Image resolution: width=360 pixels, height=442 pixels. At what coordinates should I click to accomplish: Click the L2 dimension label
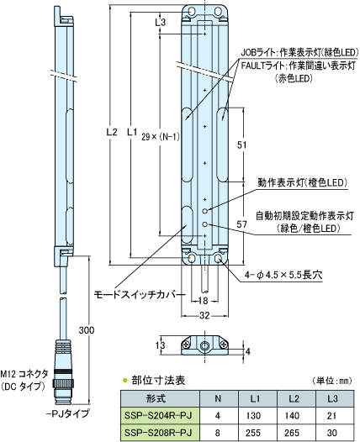[x=112, y=132]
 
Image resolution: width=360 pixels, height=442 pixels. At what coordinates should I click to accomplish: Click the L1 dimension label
[x=132, y=132]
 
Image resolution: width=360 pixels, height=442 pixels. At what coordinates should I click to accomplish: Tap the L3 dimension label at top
[x=161, y=23]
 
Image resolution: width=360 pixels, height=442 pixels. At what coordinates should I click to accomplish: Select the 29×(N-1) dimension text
[x=161, y=137]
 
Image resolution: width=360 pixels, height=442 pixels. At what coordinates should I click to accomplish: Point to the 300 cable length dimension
[x=87, y=330]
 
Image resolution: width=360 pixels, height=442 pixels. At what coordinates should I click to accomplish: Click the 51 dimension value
[x=241, y=145]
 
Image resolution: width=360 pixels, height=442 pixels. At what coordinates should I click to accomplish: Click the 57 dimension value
[x=241, y=224]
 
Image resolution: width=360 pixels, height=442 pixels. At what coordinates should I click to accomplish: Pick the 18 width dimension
[x=204, y=301]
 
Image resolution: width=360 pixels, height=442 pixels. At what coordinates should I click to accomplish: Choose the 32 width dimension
[x=204, y=316]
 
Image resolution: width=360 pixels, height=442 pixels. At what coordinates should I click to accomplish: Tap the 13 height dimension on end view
[x=160, y=345]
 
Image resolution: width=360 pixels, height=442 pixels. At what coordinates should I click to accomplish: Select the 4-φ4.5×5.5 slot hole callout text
[x=283, y=275]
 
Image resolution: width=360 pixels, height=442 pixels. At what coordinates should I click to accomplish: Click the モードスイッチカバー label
[x=140, y=295]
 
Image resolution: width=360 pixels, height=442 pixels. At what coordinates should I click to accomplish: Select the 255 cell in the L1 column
[x=253, y=433]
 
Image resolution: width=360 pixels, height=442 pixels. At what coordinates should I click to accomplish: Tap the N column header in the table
[x=218, y=398]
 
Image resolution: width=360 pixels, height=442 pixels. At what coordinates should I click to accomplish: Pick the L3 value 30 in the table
[x=332, y=433]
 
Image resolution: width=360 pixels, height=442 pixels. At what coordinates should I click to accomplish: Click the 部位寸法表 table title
[x=159, y=381]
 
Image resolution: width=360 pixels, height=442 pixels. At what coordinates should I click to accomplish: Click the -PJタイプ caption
[x=68, y=413]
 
